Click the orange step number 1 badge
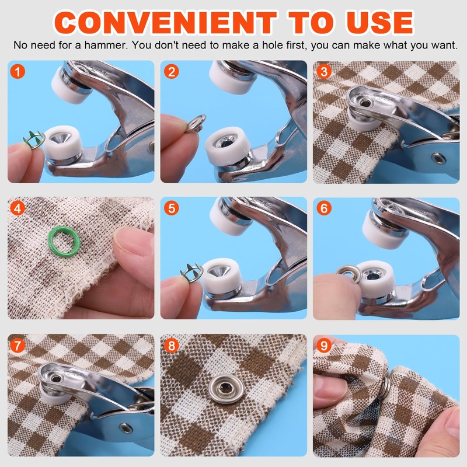coord(19,72)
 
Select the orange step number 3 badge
coord(325,72)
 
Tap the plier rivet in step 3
coord(437,158)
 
